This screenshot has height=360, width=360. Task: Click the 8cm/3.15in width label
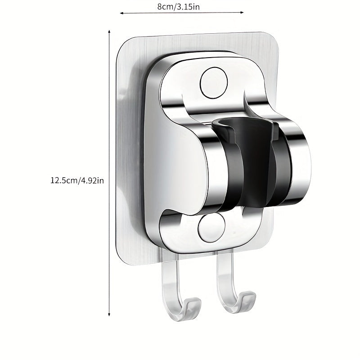178,7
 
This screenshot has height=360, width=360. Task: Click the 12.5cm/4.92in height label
77,180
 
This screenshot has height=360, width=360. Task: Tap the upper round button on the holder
214,83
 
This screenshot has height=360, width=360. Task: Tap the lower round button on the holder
211,228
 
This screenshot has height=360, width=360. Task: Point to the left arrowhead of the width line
121,13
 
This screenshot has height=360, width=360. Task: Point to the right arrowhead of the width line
242,13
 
